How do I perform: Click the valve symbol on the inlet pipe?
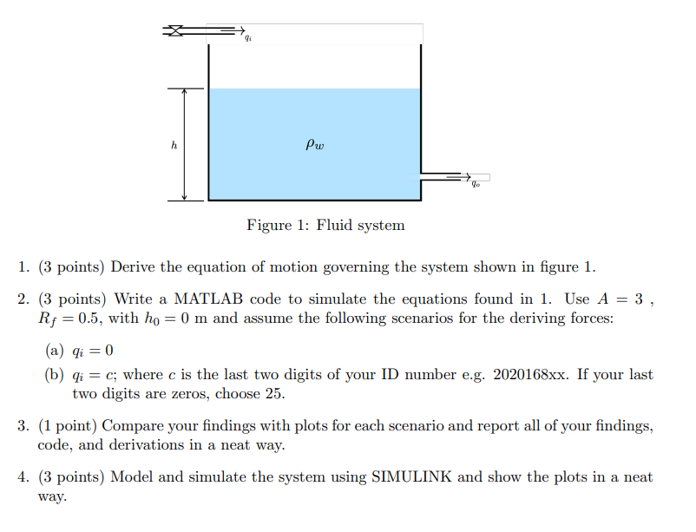coord(175,30)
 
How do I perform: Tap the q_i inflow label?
coord(248,38)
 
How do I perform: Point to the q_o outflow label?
coord(476,183)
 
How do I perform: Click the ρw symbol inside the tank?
coord(315,145)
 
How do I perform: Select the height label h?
coord(174,146)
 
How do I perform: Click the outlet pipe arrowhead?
coord(464,177)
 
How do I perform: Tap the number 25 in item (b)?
coord(276,394)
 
